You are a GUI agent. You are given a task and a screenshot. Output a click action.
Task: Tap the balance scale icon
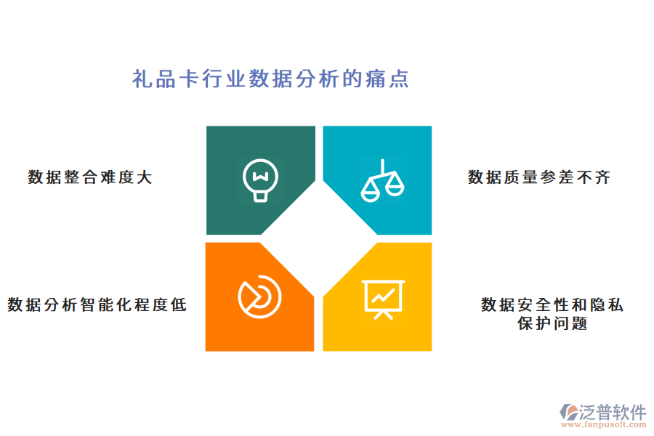[382, 180]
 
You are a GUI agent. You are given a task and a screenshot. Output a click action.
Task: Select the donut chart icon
[259, 296]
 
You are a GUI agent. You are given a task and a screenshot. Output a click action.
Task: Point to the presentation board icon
[383, 298]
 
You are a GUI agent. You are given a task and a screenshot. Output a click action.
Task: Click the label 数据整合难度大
[90, 177]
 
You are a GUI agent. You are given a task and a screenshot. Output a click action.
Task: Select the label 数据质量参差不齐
[538, 177]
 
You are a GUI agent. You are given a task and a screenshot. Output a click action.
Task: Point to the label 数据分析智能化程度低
[97, 304]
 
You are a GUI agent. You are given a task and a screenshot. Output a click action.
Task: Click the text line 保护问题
[552, 323]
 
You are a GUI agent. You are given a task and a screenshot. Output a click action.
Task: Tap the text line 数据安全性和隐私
[552, 304]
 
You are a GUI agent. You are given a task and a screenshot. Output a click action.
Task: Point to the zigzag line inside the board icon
[383, 295]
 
